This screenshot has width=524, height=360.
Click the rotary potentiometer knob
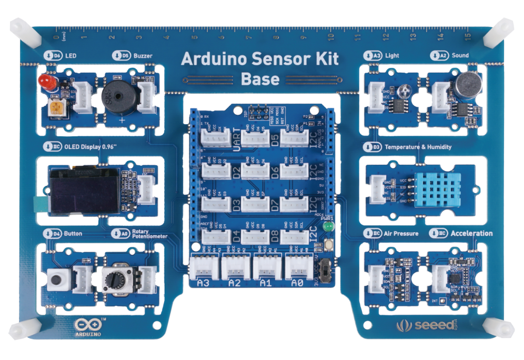click(x=116, y=277)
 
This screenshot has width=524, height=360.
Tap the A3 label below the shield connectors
click(x=203, y=283)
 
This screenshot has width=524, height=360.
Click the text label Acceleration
click(x=472, y=233)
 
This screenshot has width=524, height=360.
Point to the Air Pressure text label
click(x=401, y=233)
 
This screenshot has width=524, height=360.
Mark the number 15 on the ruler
click(x=468, y=36)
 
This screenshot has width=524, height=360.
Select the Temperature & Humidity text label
click(x=418, y=147)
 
